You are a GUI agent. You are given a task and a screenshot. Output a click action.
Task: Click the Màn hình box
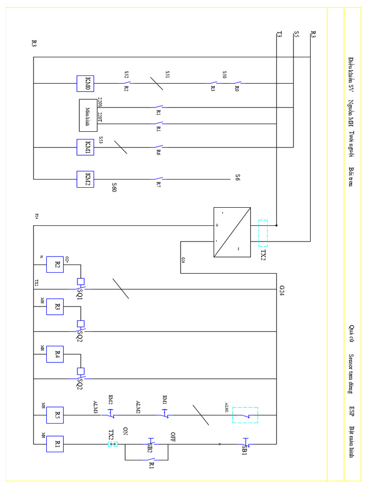pyautogui.click(x=88, y=115)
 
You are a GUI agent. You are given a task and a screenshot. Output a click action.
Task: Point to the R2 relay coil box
pyautogui.click(x=54, y=263)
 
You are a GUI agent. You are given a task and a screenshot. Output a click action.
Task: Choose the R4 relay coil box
pyautogui.click(x=54, y=354)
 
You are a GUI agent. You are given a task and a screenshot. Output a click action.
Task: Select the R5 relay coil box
pyautogui.click(x=54, y=415)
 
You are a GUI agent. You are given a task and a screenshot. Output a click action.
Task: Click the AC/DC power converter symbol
pyautogui.click(x=232, y=232)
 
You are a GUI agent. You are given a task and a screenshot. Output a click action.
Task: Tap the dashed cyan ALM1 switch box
pyautogui.click(x=245, y=415)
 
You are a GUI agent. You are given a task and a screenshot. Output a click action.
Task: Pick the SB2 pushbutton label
pyautogui.click(x=150, y=450)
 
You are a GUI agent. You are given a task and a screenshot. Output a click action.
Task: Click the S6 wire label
pyautogui.click(x=237, y=178)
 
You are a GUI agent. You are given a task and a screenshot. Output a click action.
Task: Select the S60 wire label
pyautogui.click(x=114, y=187)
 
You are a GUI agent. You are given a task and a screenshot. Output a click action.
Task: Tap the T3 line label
pyautogui.click(x=279, y=34)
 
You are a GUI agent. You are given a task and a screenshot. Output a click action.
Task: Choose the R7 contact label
pyautogui.click(x=158, y=184)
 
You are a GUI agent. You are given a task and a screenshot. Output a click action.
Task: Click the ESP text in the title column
pyautogui.click(x=352, y=411)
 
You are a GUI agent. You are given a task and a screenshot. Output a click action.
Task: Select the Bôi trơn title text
pyautogui.click(x=352, y=177)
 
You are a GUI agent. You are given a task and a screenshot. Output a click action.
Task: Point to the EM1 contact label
pyautogui.click(x=165, y=399)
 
